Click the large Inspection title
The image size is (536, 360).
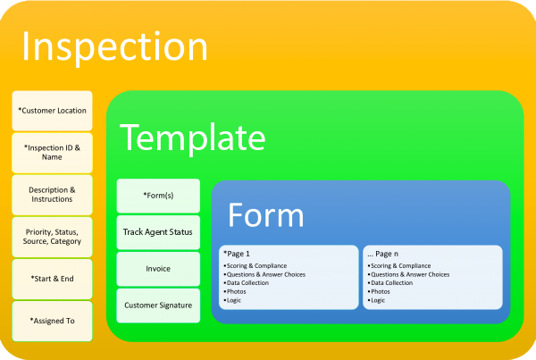pyautogui.click(x=115, y=47)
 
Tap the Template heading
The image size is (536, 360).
pyautogui.click(x=192, y=138)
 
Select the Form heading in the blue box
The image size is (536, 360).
pyautogui.click(x=265, y=215)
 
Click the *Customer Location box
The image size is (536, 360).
pyautogui.click(x=53, y=111)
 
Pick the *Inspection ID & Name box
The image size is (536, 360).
pyautogui.click(x=53, y=153)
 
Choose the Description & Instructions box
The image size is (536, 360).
pyautogui.click(x=53, y=195)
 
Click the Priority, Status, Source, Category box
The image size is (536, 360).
pyautogui.click(x=53, y=237)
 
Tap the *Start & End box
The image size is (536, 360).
pyautogui.click(x=53, y=279)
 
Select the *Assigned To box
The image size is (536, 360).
pyautogui.click(x=53, y=321)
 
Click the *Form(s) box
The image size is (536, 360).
pyautogui.click(x=158, y=196)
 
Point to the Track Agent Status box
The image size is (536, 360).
pyautogui.click(x=158, y=232)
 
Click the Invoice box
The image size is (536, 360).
pyautogui.click(x=158, y=269)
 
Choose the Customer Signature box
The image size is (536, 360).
pyautogui.click(x=158, y=306)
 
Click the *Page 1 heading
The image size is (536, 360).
pyautogui.click(x=237, y=254)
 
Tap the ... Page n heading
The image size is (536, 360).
pyautogui.click(x=383, y=254)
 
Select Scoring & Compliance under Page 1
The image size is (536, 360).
pyautogui.click(x=256, y=265)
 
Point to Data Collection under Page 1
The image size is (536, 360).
pyautogui.click(x=247, y=283)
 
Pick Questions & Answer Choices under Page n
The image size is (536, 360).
pyautogui.click(x=410, y=274)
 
